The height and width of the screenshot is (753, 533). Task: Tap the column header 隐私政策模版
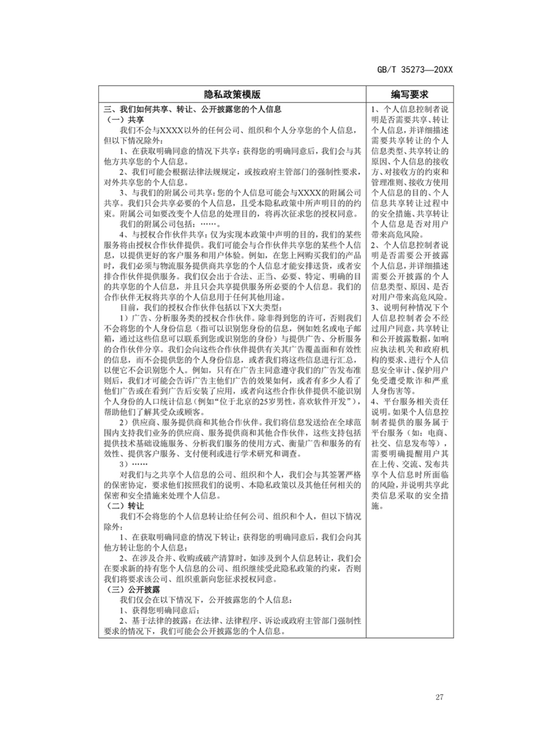pos(232,94)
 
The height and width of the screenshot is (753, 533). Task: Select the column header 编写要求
pos(410,94)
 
